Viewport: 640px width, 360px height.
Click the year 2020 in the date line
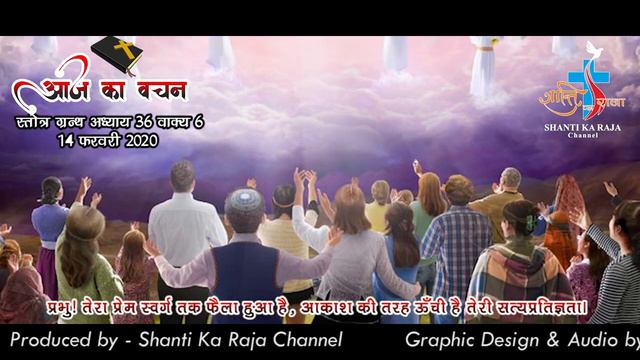tap(135, 141)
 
